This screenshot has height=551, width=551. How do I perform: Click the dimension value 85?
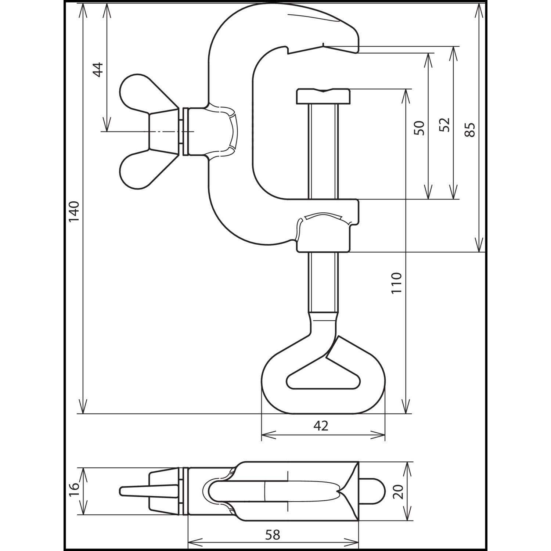(x=470, y=130)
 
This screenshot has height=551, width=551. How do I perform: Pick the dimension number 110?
(x=396, y=282)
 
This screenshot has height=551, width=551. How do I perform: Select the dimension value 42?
(x=321, y=426)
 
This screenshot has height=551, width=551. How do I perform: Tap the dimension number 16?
(x=74, y=486)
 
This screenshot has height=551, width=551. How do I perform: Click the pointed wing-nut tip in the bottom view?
(x=125, y=491)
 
